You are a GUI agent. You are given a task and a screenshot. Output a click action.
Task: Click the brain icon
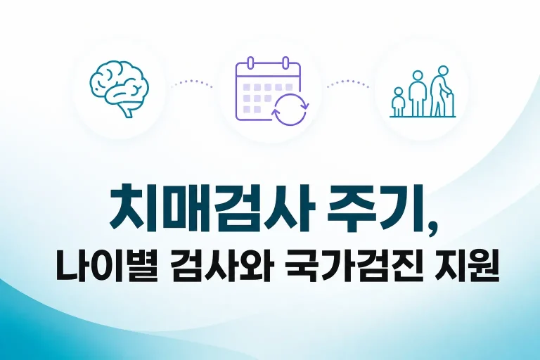pos(119,89)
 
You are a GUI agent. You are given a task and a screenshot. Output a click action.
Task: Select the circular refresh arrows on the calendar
pos(290,109)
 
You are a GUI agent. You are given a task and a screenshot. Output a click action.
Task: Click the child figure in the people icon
pos(398,102)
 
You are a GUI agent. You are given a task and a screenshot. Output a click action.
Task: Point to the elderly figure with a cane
pos(441,91)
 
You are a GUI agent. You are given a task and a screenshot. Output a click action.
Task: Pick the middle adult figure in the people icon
pos(418,94)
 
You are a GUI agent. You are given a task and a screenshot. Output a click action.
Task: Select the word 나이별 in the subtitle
pos(106,269)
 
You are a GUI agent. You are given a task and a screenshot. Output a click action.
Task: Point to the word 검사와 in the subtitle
pos(221,269)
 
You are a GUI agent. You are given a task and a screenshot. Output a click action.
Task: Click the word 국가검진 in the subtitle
pos(352,269)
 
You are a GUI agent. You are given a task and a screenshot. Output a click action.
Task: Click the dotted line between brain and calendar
pos(191,83)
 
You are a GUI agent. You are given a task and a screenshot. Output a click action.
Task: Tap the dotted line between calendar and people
pos(348,83)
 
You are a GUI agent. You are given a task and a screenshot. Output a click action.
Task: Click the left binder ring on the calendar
pos(251,63)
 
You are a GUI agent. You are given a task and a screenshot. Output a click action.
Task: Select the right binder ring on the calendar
pos(285,63)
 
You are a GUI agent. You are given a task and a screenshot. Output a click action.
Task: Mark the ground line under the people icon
pos(423,117)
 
